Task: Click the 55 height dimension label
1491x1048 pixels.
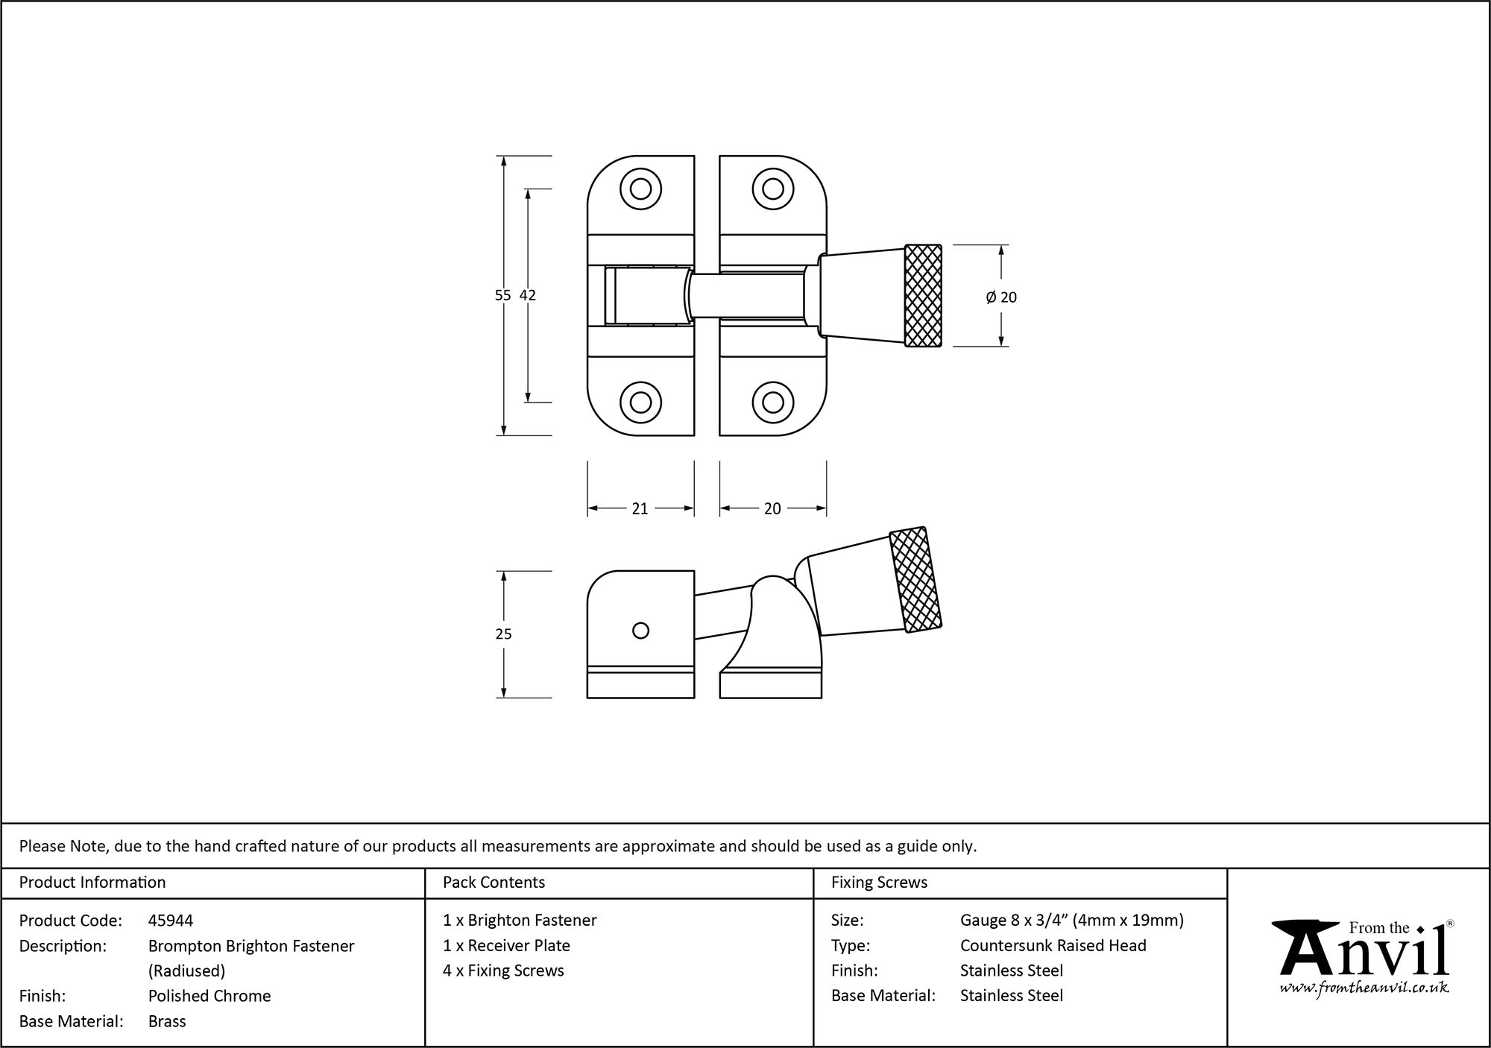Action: (x=502, y=295)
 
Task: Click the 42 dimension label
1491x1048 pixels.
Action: (x=528, y=295)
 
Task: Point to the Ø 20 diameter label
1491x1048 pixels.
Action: (x=1001, y=297)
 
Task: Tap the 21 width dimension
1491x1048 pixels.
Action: (x=640, y=508)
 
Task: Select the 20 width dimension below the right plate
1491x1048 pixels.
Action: (x=772, y=508)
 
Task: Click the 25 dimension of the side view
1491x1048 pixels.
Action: (x=503, y=634)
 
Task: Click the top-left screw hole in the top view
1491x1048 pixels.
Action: (x=640, y=189)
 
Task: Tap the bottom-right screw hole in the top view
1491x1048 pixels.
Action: (x=772, y=403)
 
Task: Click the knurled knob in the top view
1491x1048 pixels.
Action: (x=923, y=296)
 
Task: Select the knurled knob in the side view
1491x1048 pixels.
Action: (x=916, y=580)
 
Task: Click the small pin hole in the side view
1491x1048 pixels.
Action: (x=640, y=631)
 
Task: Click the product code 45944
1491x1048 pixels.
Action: (x=171, y=921)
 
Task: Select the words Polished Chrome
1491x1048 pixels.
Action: (x=209, y=996)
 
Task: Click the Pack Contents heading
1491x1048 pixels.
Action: (x=494, y=883)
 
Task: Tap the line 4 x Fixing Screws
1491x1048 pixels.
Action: (x=503, y=970)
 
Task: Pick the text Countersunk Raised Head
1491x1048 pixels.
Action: (x=1053, y=945)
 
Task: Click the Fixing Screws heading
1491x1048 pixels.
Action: (x=879, y=883)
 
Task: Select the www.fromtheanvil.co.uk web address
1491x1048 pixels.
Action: (x=1364, y=988)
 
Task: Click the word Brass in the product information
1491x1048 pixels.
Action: (x=167, y=1021)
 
